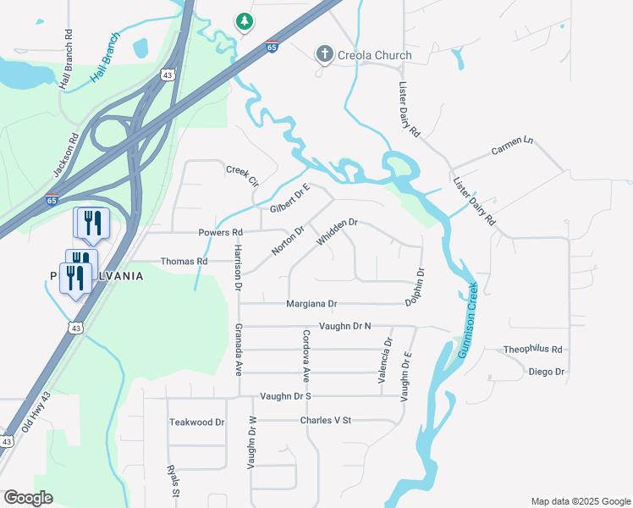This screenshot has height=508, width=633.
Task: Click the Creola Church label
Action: click(x=376, y=56)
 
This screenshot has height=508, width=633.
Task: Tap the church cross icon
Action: click(x=324, y=55)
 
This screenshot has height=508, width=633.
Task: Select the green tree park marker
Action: click(x=244, y=20)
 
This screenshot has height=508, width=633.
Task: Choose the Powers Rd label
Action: click(x=220, y=232)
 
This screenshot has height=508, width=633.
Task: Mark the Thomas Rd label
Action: click(x=184, y=262)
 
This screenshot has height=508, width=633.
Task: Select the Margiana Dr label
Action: click(x=311, y=303)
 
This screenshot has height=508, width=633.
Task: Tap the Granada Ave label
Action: click(x=239, y=349)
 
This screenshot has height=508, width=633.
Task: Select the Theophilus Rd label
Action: click(x=533, y=349)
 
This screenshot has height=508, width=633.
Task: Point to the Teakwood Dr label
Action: click(x=196, y=422)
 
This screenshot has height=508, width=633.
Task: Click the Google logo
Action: click(x=28, y=498)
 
